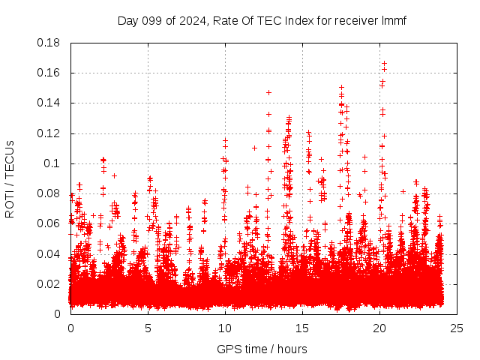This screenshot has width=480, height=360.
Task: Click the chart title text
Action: [x=262, y=20]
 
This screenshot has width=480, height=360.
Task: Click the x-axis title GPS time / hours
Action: [x=262, y=349]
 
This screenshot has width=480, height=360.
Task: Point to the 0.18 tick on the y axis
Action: [x=50, y=43]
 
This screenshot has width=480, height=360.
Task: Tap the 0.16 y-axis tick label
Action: [x=50, y=73]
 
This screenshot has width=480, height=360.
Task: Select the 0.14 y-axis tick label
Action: [x=50, y=103]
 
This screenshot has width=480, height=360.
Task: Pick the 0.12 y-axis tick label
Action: [x=50, y=133]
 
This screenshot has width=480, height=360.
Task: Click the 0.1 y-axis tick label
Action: [x=53, y=163]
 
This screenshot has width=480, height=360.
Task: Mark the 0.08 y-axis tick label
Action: [x=50, y=193]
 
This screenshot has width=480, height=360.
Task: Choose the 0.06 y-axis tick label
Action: [x=50, y=223]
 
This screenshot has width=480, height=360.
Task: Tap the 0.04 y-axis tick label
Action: [x=50, y=253]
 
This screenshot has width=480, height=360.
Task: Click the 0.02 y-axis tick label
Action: [x=50, y=283]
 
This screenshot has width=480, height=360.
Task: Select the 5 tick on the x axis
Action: [x=148, y=328]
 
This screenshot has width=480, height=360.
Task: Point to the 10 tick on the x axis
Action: [x=224, y=328]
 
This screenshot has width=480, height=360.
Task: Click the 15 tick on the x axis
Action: [x=301, y=328]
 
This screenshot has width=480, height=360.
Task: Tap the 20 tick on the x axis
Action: [x=379, y=328]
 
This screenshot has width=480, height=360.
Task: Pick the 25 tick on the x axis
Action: [x=456, y=328]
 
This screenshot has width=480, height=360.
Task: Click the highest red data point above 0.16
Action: [x=384, y=64]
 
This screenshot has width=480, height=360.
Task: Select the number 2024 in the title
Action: [x=191, y=20]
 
